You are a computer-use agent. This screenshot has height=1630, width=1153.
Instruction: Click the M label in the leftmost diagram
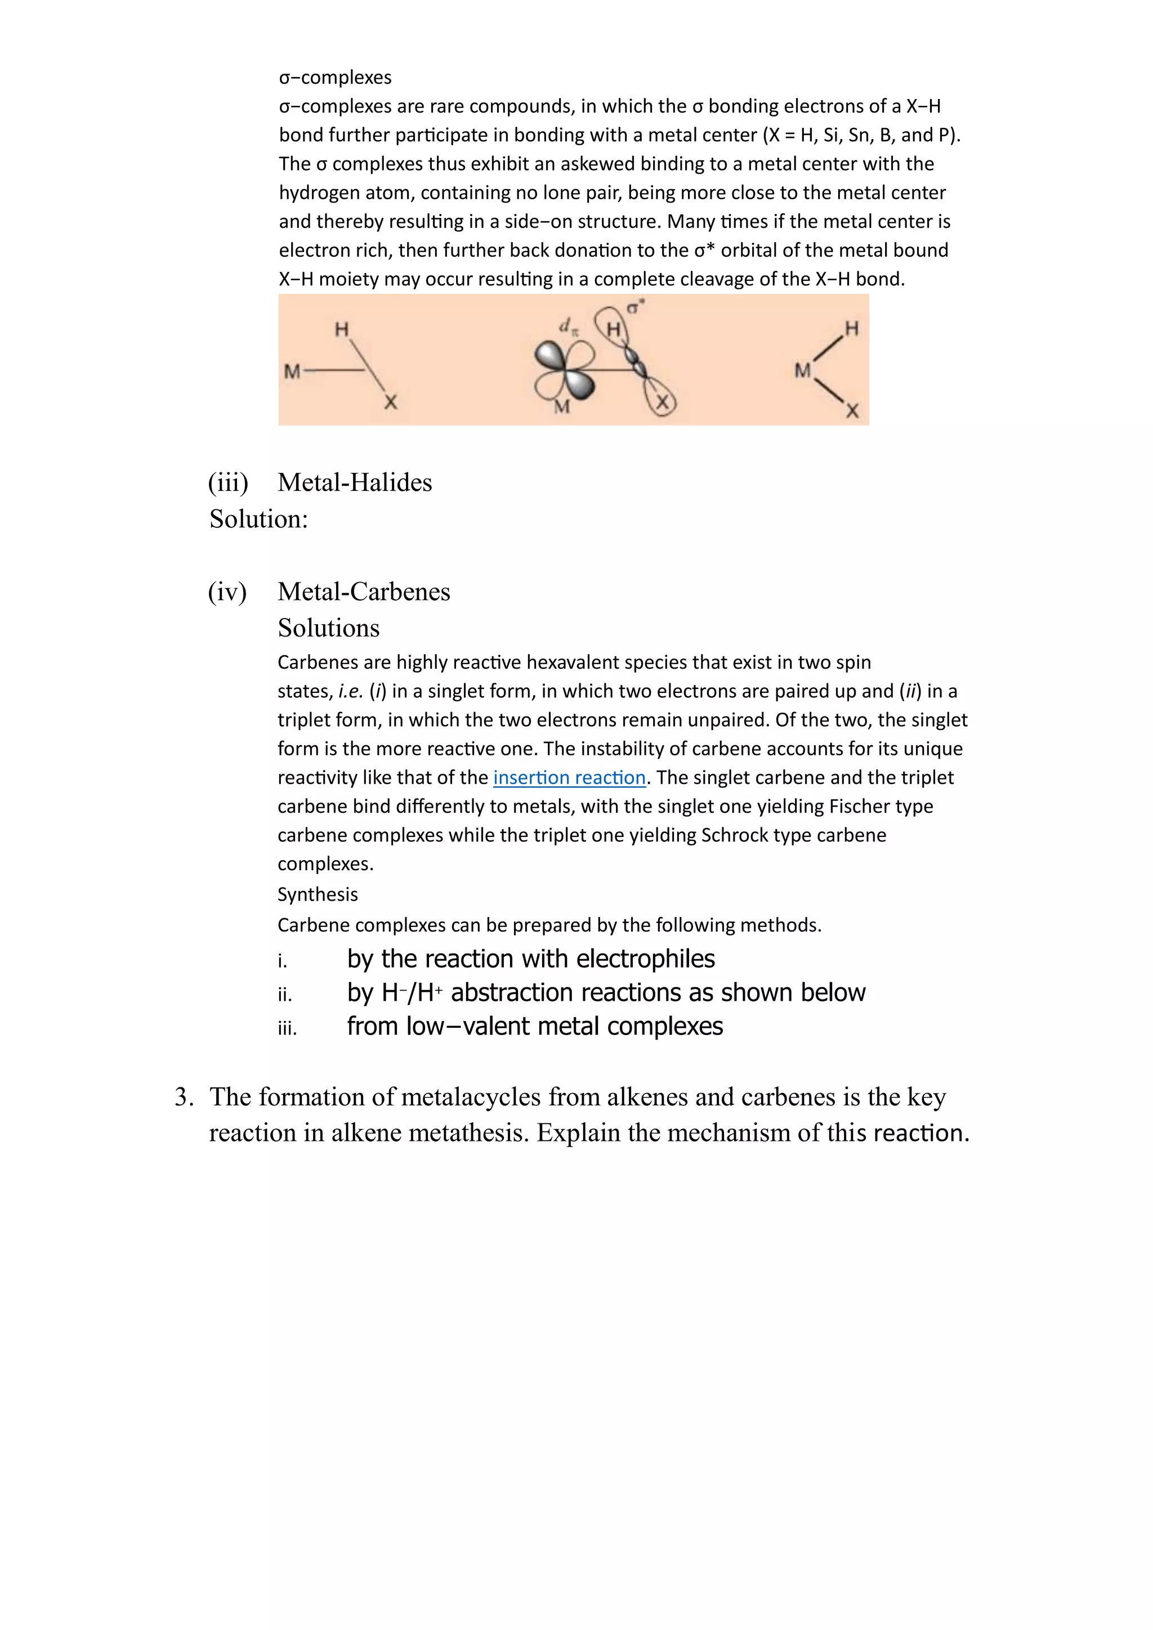tap(292, 371)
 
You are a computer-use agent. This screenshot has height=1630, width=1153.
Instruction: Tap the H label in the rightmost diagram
tap(851, 328)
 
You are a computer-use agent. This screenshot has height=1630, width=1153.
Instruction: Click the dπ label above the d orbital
tap(569, 326)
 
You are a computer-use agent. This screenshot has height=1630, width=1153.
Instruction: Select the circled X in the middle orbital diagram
tap(662, 402)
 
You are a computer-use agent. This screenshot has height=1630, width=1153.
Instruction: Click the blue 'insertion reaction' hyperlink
tap(569, 777)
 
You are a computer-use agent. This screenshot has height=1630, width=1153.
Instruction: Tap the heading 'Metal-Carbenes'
tap(364, 592)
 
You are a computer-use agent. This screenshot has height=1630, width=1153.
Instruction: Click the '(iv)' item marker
tap(227, 592)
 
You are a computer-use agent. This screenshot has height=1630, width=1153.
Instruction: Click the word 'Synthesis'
tap(318, 894)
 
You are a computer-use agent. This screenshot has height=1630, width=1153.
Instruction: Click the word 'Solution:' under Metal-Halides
tap(258, 519)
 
